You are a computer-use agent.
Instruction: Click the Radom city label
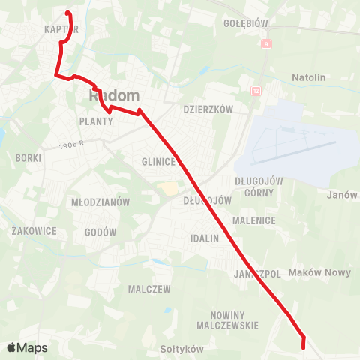click(x=115, y=95)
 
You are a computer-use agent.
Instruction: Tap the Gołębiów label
click(x=246, y=23)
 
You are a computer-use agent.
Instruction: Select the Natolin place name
click(x=309, y=77)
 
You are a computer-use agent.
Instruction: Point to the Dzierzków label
click(x=209, y=109)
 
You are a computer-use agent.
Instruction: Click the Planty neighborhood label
click(x=94, y=120)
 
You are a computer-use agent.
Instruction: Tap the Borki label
click(x=28, y=158)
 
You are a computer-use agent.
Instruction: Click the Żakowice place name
click(x=34, y=231)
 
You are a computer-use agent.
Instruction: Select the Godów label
click(x=101, y=232)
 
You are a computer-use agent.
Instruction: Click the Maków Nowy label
click(x=319, y=272)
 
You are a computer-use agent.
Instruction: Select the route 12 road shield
click(x=256, y=90)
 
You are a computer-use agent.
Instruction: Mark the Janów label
click(x=342, y=195)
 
